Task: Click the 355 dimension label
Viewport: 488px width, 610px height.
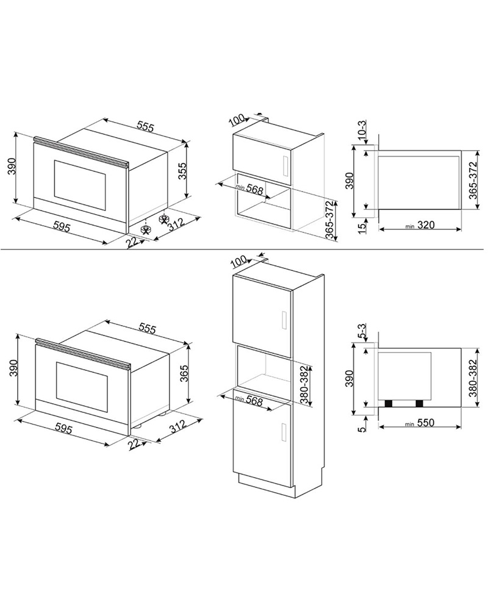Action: pyautogui.click(x=182, y=170)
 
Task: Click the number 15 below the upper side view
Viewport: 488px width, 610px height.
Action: pyautogui.click(x=362, y=226)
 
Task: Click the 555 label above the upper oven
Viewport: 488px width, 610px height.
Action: pyautogui.click(x=145, y=126)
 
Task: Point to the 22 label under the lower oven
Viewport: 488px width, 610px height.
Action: pyautogui.click(x=134, y=444)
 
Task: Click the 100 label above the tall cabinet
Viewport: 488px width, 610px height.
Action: pyautogui.click(x=239, y=262)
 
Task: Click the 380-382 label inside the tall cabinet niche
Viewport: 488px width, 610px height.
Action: pyautogui.click(x=304, y=385)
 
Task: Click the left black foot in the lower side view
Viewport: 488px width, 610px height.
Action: pyautogui.click(x=387, y=403)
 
